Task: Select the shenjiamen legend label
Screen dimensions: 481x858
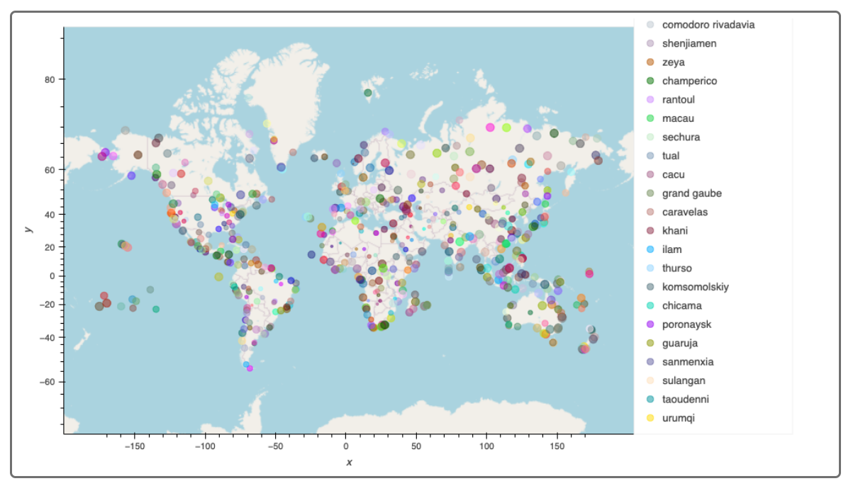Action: pyautogui.click(x=689, y=44)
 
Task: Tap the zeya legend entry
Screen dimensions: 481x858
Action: pyautogui.click(x=673, y=62)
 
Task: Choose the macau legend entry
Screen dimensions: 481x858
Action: pyautogui.click(x=677, y=118)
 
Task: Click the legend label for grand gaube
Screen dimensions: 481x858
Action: pyautogui.click(x=691, y=193)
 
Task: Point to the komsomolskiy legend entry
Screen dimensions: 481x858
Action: pyautogui.click(x=695, y=287)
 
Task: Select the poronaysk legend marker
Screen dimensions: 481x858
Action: pyautogui.click(x=650, y=324)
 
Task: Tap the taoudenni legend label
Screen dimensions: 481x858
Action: pyautogui.click(x=685, y=400)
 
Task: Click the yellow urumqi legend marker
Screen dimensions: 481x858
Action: pyautogui.click(x=650, y=418)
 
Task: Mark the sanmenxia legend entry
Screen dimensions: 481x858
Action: pyautogui.click(x=687, y=362)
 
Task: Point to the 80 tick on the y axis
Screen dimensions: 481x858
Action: pyautogui.click(x=50, y=79)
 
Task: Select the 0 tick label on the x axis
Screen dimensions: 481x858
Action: pyautogui.click(x=345, y=446)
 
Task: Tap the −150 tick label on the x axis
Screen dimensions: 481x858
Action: pyautogui.click(x=133, y=446)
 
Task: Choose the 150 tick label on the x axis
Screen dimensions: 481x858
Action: pyautogui.click(x=557, y=446)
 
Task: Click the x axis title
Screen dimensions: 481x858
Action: pyautogui.click(x=349, y=463)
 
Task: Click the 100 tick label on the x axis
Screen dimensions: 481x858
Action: pyautogui.click(x=486, y=446)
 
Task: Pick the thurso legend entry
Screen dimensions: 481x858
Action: pyautogui.click(x=676, y=268)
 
